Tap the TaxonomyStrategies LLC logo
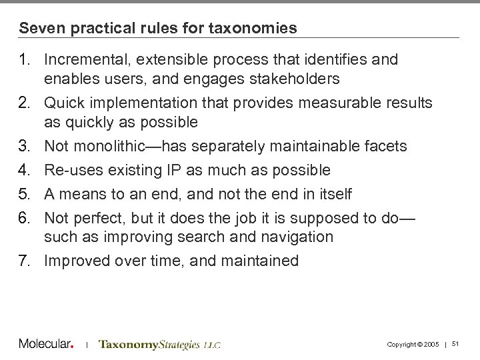159,345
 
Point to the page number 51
456,343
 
